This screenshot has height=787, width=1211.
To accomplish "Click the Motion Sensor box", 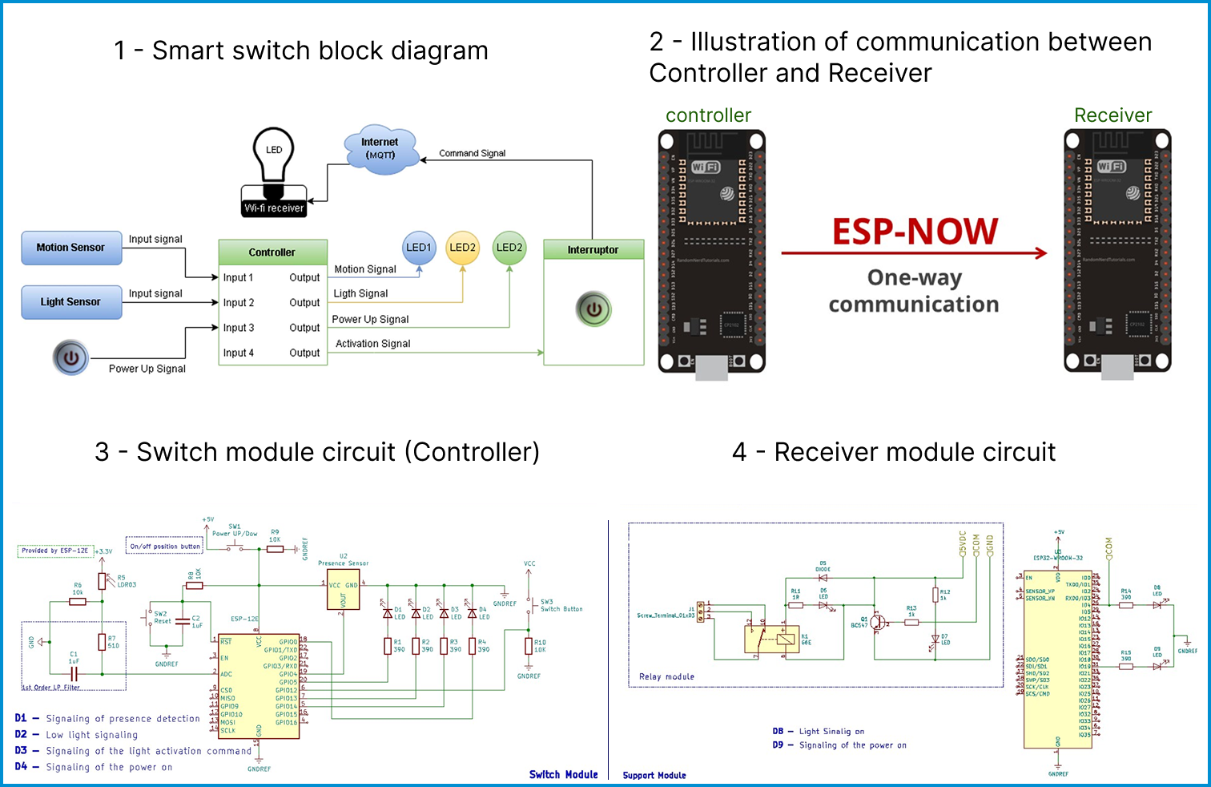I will click(x=71, y=248).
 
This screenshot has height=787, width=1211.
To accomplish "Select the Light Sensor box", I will click(x=71, y=302).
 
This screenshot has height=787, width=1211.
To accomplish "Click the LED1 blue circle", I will click(x=418, y=248).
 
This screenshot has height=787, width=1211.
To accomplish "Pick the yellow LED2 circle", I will click(x=462, y=248).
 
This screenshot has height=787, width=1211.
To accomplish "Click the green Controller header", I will click(x=272, y=252).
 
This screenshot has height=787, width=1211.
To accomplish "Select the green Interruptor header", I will click(x=593, y=249).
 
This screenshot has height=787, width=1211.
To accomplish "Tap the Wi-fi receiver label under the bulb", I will click(x=274, y=208).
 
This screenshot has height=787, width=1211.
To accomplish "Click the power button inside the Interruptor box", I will click(x=593, y=309).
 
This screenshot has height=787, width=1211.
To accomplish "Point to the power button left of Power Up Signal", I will click(x=70, y=357).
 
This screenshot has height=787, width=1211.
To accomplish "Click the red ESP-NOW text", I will click(x=915, y=232).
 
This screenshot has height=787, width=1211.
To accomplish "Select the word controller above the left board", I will click(x=708, y=115).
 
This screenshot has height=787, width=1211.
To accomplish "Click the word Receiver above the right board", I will click(x=1112, y=115).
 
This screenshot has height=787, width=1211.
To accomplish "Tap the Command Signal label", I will click(x=472, y=153).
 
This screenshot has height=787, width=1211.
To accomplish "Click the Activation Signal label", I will click(x=372, y=344).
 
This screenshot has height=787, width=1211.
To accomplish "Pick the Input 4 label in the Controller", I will click(x=238, y=353).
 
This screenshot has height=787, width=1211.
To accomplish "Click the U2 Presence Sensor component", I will click(x=344, y=590).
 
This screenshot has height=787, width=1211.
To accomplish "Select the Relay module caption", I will click(x=666, y=676).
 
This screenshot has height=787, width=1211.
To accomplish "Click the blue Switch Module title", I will click(x=563, y=774).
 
